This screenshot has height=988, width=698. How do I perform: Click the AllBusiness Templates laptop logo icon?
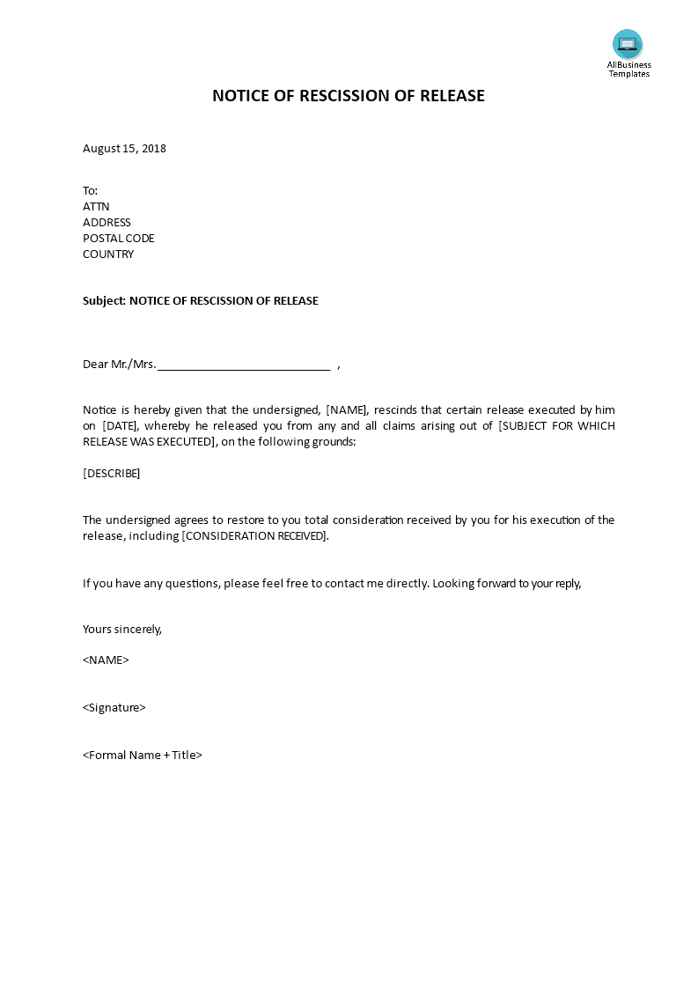point(628,44)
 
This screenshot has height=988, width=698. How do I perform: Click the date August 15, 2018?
point(124,148)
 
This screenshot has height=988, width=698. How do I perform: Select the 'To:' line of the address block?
point(90,191)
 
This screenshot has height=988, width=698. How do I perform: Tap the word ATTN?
point(96,207)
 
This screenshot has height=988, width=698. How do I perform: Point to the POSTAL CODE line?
point(118,239)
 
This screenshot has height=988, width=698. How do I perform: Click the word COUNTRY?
point(108,254)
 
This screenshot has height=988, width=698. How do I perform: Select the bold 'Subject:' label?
point(104,301)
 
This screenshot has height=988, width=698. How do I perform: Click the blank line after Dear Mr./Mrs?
point(243,365)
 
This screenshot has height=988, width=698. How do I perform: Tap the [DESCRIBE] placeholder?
point(111,474)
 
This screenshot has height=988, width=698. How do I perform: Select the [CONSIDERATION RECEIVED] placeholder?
point(254,536)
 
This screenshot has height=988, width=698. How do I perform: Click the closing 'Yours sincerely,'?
point(122,630)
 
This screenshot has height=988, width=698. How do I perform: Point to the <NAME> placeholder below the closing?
point(106,660)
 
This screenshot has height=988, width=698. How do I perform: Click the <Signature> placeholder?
point(114,708)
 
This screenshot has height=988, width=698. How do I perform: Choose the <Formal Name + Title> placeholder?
point(143,756)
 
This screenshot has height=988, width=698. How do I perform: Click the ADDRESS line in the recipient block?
point(107,223)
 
